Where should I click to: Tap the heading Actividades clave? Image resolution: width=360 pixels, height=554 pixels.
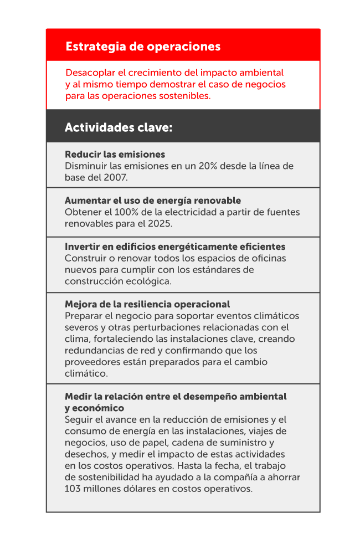coord(119,127)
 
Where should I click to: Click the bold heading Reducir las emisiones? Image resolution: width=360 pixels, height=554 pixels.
coord(115,155)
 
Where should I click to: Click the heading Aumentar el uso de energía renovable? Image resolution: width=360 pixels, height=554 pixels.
coord(152,201)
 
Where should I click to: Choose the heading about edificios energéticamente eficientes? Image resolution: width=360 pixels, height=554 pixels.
coord(175,247)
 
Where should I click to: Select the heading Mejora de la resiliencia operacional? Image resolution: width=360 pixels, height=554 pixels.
coord(147,304)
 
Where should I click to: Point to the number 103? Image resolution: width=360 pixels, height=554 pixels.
coord(73,489)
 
